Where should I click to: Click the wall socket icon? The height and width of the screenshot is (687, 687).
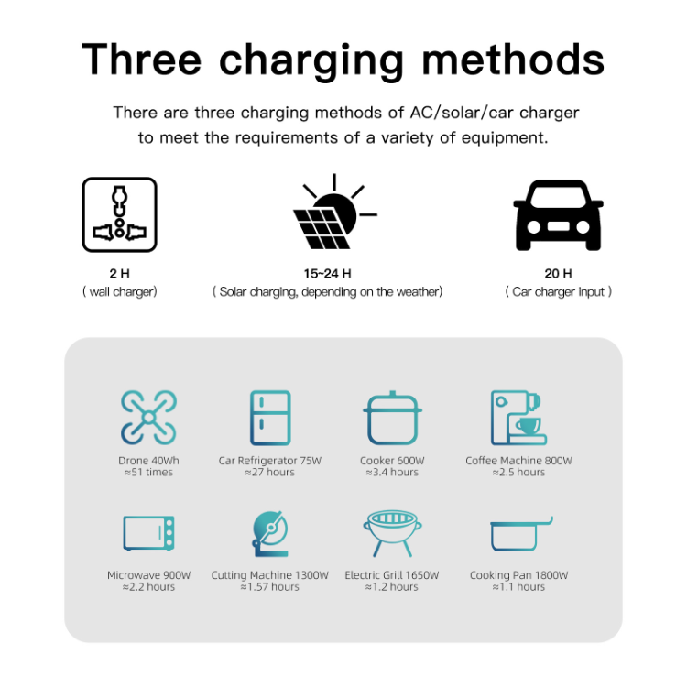(x=120, y=214)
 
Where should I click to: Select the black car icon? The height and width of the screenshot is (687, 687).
(x=558, y=215)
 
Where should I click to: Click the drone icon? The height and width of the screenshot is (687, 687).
(x=149, y=418)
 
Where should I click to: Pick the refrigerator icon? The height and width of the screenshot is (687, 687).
(x=270, y=418)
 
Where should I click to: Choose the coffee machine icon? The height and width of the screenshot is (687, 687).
(x=518, y=418)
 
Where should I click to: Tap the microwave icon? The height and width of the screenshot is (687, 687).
(x=149, y=533)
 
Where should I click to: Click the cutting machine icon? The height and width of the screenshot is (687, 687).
(x=270, y=534)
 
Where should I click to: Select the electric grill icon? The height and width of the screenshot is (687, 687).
(x=392, y=533)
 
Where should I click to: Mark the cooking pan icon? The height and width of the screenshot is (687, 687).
(x=521, y=534)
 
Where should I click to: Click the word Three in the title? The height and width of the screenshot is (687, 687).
(x=141, y=60)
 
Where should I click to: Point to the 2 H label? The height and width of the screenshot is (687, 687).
(x=120, y=274)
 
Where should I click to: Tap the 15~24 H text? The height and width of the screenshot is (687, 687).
(x=328, y=274)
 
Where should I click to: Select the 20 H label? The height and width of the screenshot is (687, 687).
(x=558, y=274)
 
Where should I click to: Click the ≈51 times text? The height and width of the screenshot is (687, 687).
(x=149, y=473)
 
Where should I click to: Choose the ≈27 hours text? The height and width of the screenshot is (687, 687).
(x=270, y=473)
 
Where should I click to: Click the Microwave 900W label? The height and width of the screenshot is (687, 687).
(x=149, y=575)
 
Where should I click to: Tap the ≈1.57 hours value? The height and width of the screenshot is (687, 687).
(x=270, y=586)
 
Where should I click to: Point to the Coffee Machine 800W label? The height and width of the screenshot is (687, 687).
(x=518, y=461)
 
